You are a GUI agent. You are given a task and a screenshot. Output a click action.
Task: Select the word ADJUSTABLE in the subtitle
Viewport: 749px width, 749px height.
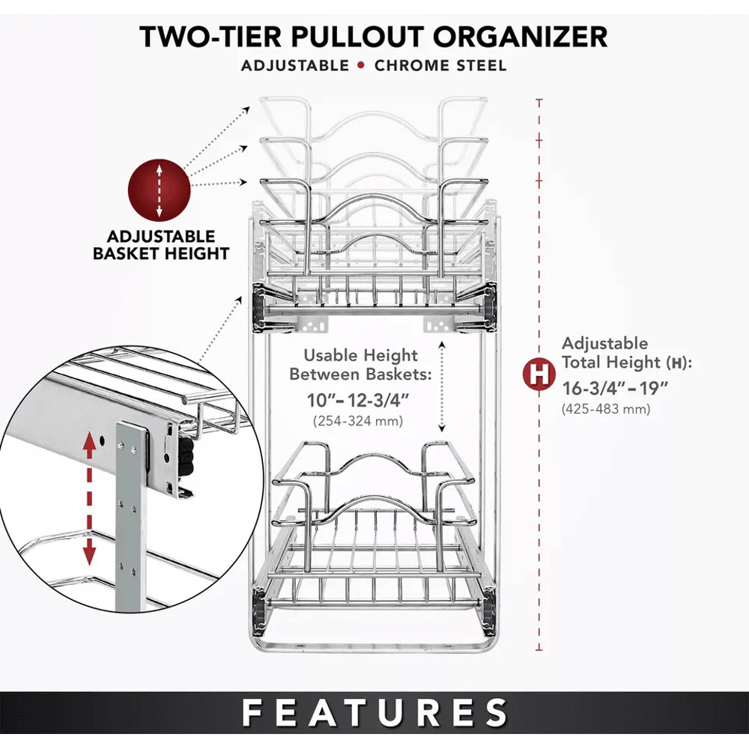(295, 65)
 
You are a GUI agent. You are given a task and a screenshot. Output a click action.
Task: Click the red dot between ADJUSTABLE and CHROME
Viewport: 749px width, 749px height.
(362, 65)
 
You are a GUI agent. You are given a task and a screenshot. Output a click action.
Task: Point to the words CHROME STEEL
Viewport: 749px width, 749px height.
(440, 65)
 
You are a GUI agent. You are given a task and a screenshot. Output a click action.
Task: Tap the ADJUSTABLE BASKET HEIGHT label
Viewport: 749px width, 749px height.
(160, 245)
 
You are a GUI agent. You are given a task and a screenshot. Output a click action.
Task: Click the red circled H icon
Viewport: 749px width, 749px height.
(539, 374)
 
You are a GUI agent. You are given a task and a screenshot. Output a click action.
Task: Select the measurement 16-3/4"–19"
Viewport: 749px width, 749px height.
(615, 388)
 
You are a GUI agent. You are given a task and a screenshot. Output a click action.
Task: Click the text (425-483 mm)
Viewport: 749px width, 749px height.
(606, 409)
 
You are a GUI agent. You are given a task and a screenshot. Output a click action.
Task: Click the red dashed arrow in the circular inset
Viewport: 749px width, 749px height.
(89, 499)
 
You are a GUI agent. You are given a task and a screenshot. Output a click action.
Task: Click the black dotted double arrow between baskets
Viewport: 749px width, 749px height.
(443, 386)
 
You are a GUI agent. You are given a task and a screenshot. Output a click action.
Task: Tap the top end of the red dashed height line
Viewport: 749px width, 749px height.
(539, 100)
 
